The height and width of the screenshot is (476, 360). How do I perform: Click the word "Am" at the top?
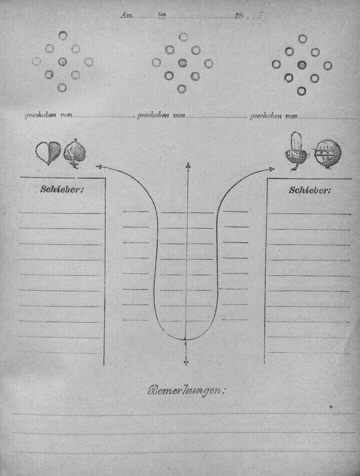click(126, 15)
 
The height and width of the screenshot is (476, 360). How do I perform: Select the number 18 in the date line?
click(239, 15)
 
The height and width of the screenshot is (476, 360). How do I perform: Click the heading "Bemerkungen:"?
click(185, 391)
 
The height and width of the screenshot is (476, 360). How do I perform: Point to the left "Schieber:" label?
click(62, 190)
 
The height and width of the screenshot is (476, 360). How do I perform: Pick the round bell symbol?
click(327, 155)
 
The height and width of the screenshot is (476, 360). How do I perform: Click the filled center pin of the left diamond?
click(62, 62)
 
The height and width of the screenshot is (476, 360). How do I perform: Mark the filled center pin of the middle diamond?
click(183, 63)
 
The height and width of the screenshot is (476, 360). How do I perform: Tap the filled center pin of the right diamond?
click(302, 64)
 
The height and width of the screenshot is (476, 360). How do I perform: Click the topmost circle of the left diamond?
click(63, 35)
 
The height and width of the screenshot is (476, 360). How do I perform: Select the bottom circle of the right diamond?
click(302, 91)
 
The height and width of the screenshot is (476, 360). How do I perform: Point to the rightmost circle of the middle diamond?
click(208, 64)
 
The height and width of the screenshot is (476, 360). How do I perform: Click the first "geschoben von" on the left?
click(49, 115)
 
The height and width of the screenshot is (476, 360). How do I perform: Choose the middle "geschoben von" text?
click(161, 115)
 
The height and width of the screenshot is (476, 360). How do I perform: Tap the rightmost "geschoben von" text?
click(274, 116)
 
